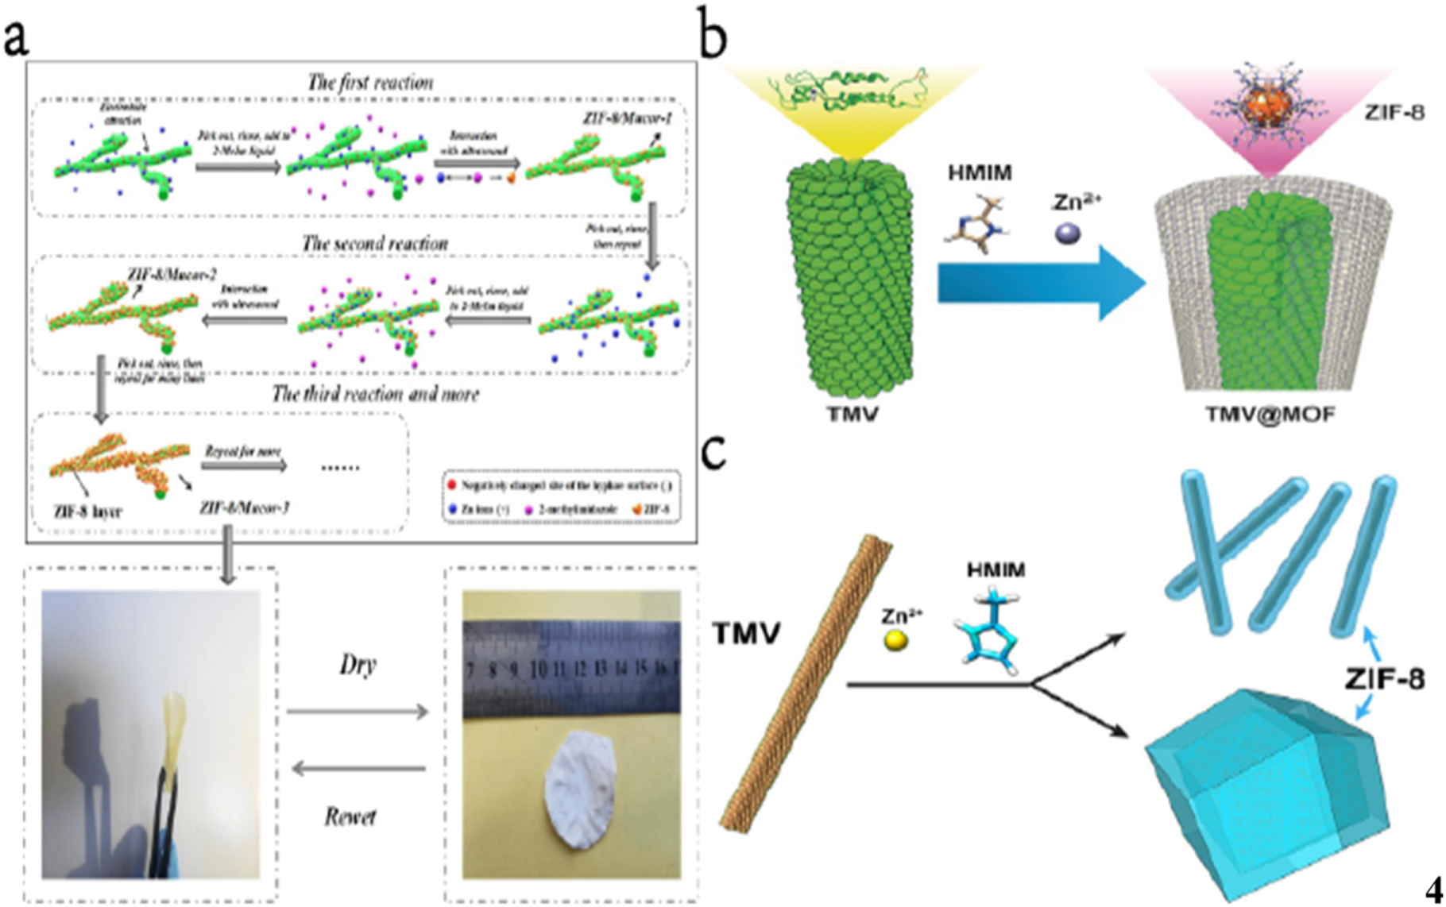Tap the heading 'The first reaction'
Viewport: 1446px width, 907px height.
click(370, 83)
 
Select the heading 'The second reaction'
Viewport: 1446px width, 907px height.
click(374, 243)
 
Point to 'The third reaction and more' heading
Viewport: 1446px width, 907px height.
click(375, 394)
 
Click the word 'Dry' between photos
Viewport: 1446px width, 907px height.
click(357, 665)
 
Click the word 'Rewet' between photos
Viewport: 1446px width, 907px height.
click(350, 816)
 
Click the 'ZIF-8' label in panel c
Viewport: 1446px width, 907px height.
click(1383, 679)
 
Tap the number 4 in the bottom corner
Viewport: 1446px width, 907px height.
click(1432, 889)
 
